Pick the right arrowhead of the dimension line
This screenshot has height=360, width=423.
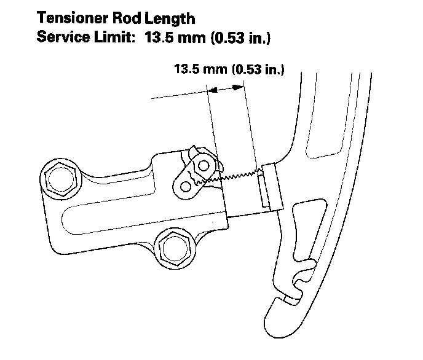coord(236,89)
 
